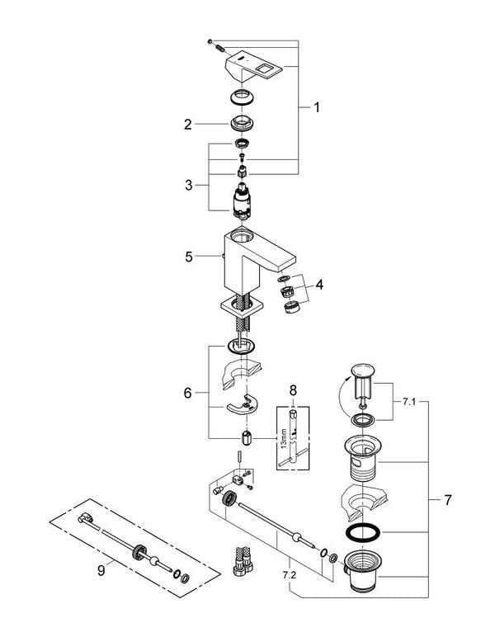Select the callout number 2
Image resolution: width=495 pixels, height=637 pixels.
(x=188, y=125)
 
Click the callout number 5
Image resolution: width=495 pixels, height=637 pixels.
(x=188, y=257)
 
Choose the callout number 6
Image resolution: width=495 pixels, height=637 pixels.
(x=188, y=393)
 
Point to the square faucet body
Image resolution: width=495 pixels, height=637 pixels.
(x=247, y=255)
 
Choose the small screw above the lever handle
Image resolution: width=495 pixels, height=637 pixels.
(x=212, y=41)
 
